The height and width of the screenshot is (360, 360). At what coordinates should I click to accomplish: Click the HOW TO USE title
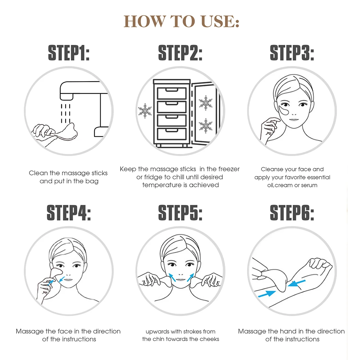coord(182,21)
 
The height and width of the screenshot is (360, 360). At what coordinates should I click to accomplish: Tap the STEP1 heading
coord(69,53)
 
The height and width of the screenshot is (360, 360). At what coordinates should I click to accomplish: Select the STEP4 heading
coord(69,213)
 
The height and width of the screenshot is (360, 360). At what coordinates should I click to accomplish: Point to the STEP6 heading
coord(292,213)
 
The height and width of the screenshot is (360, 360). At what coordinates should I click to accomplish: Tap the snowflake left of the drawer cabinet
coord(144,111)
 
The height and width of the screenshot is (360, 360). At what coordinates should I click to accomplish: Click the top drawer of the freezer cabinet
coord(172,93)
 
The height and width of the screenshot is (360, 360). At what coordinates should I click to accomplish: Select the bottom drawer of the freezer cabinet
coord(172,134)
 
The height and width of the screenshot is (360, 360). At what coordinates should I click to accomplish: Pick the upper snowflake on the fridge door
coord(205,103)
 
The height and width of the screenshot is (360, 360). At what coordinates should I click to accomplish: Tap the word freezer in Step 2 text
coord(229,169)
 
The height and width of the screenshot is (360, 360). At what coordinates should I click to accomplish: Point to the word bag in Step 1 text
coord(92,182)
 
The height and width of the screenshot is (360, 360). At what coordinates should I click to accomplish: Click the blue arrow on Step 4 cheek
coord(62,279)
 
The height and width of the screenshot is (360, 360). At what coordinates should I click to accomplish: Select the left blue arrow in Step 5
coord(172,277)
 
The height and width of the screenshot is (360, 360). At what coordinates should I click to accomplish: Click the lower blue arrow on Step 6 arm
coord(267,294)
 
